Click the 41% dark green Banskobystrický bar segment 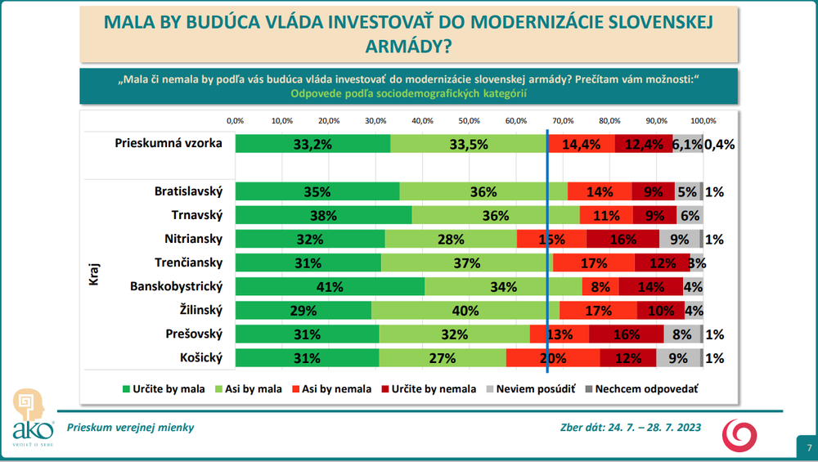[x=330, y=287]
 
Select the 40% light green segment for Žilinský [x=465, y=311]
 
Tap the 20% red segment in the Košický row [x=552, y=358]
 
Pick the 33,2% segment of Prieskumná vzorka [x=312, y=144]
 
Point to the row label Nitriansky [x=194, y=240]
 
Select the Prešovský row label [x=195, y=334]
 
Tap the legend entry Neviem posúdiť [x=532, y=389]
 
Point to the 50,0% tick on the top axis [x=469, y=121]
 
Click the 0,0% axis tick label [x=235, y=121]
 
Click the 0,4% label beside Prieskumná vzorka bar [x=720, y=144]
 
